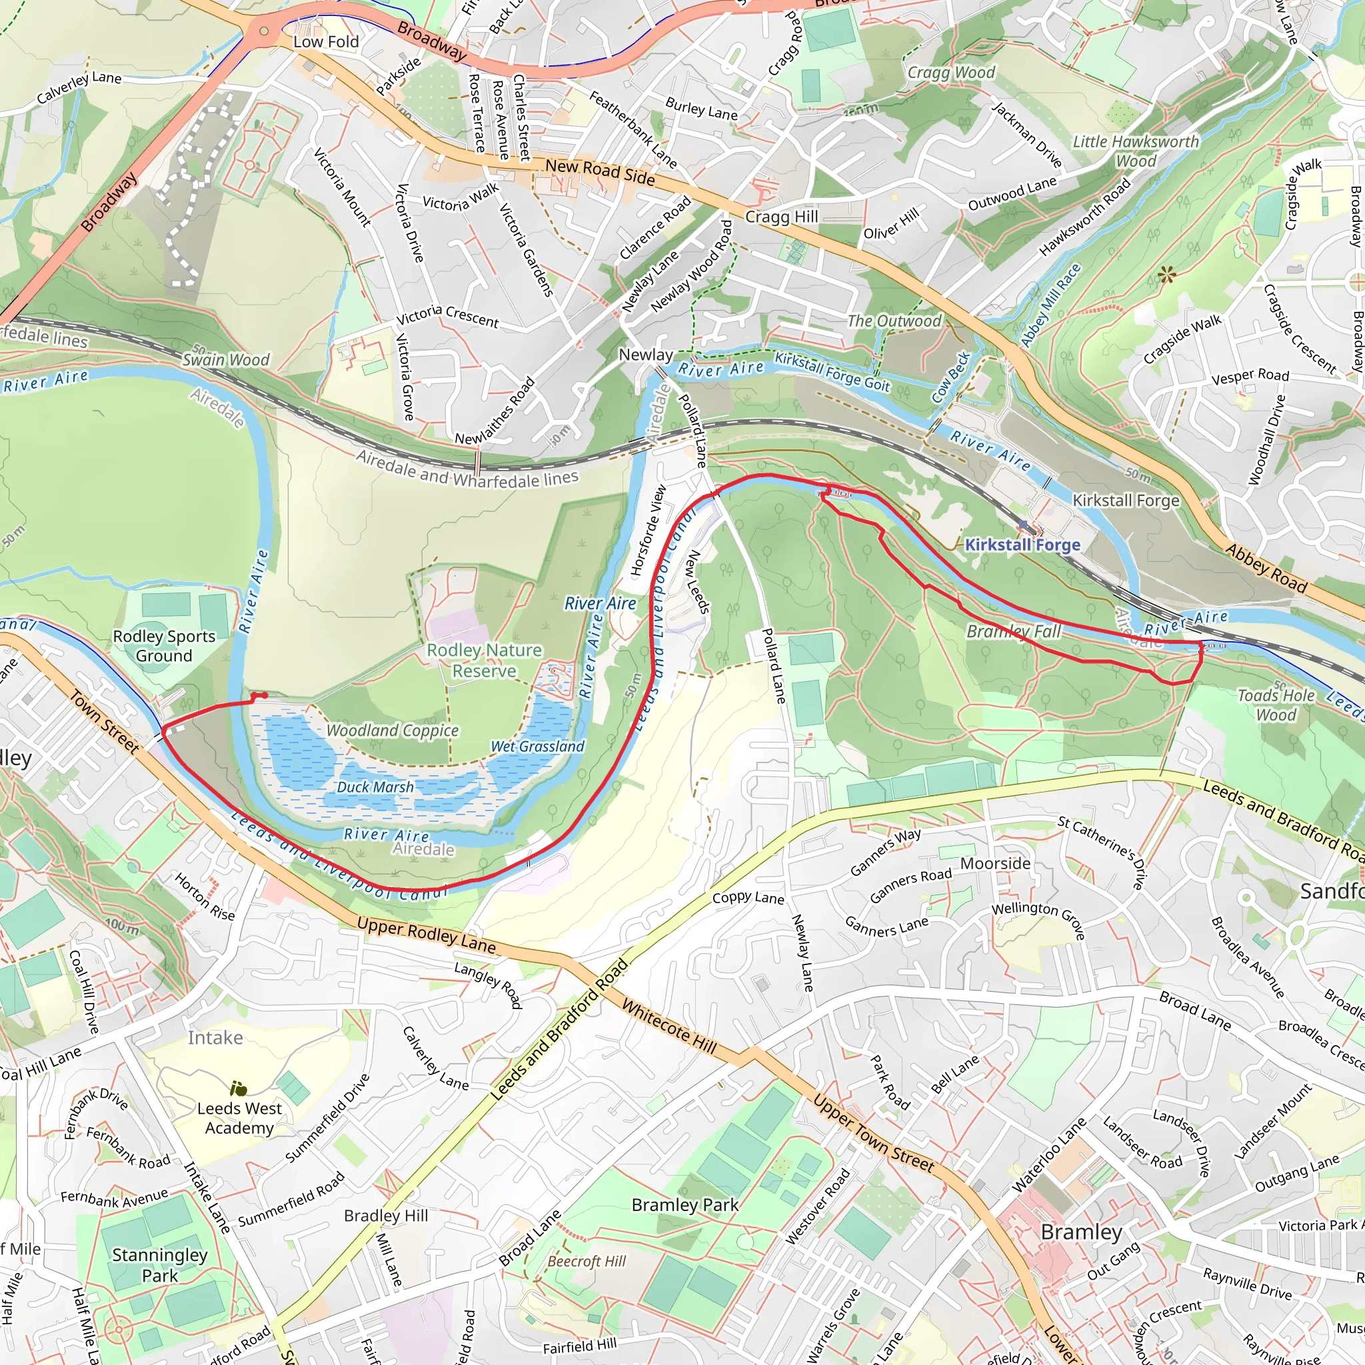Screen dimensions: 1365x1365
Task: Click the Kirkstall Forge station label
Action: [x=1022, y=545]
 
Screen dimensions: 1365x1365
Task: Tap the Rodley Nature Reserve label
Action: [x=484, y=660]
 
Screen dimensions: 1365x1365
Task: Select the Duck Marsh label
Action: [x=375, y=787]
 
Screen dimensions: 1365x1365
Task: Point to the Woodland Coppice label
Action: [x=392, y=730]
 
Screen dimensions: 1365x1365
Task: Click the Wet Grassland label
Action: [x=538, y=746]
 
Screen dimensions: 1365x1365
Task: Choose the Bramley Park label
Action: [x=684, y=1204]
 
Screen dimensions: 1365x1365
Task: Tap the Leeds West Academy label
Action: [x=239, y=1118]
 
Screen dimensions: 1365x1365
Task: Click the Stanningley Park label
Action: [x=160, y=1264]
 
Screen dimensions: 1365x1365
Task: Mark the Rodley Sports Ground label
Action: [x=164, y=646]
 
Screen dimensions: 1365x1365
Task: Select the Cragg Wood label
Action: [x=951, y=73]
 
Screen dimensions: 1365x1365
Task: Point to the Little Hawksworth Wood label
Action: [x=1135, y=151]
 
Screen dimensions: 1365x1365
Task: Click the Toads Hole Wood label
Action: [x=1276, y=705]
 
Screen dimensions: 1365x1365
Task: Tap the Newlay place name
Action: [x=646, y=355]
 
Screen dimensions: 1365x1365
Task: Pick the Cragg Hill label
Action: [x=781, y=217]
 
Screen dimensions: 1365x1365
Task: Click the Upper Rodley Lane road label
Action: [x=426, y=934]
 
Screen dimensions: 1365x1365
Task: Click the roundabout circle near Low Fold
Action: [x=263, y=31]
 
